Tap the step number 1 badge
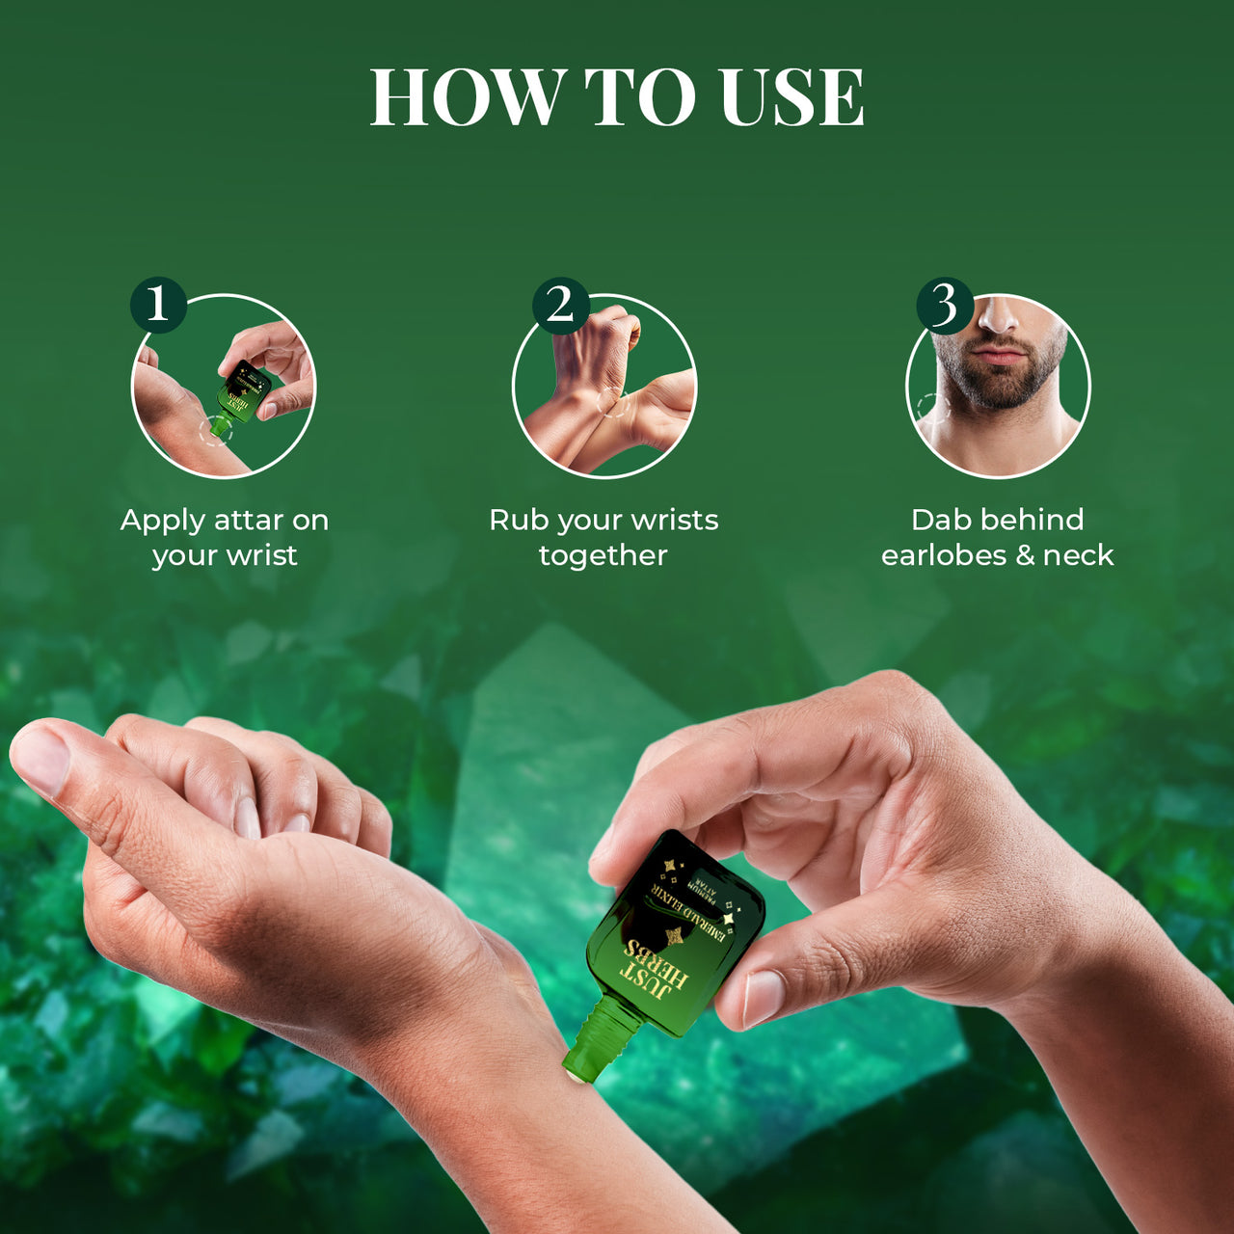(158, 305)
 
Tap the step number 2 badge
(560, 305)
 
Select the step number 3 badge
(944, 305)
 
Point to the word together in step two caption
(603, 555)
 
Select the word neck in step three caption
(1078, 555)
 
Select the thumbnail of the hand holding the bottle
(762, 997)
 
